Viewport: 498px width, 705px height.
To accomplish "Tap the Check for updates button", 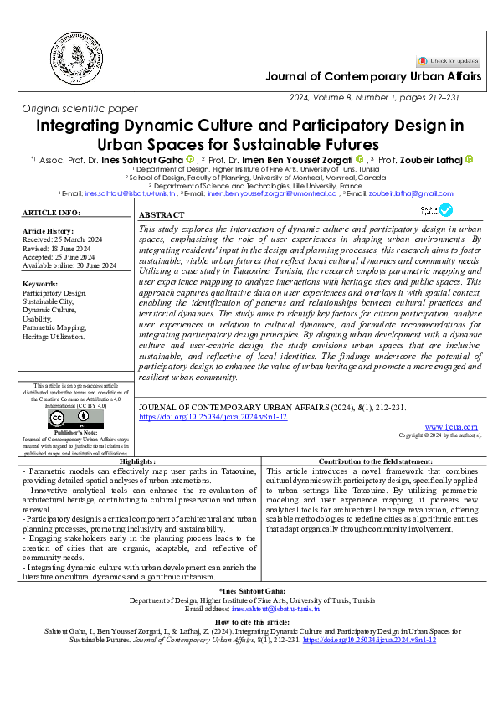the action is pyautogui.click(x=449, y=60).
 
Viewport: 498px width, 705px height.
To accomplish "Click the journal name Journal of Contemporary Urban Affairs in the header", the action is pyautogui.click(x=373, y=77).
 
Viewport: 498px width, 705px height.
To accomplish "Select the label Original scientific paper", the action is pyautogui.click(x=80, y=109).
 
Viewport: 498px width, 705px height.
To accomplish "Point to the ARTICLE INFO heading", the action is pyautogui.click(x=51, y=214).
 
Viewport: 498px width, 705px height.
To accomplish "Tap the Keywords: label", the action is pyautogui.click(x=40, y=284).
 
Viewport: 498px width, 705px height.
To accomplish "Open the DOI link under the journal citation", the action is pyautogui.click(x=213, y=416).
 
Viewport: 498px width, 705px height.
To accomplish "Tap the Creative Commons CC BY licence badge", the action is pyautogui.click(x=59, y=419).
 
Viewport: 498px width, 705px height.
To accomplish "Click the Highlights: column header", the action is pyautogui.click(x=137, y=461).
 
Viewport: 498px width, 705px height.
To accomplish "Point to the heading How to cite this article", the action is pyautogui.click(x=249, y=623).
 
